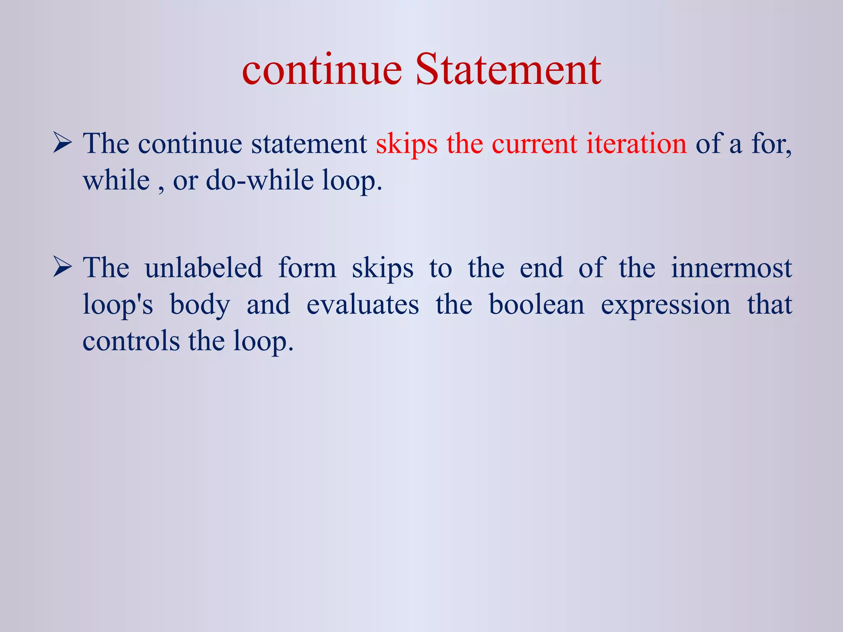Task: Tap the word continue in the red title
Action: pyautogui.click(x=321, y=70)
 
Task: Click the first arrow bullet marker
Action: pyautogui.click(x=63, y=144)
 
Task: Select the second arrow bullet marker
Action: pyautogui.click(x=63, y=269)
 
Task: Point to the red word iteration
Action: pyautogui.click(x=636, y=144)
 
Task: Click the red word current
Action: pyautogui.click(x=534, y=144)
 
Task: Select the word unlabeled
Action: pyautogui.click(x=203, y=268)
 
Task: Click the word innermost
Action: pyautogui.click(x=731, y=268)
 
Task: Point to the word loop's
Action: pyautogui.click(x=118, y=305)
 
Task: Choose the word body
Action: pyautogui.click(x=200, y=306)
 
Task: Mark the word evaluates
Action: pyautogui.click(x=363, y=305)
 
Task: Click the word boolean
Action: pyautogui.click(x=536, y=305)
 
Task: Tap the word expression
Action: pyautogui.click(x=666, y=306)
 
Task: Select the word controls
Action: pyautogui.click(x=131, y=341)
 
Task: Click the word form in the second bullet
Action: pyautogui.click(x=307, y=268)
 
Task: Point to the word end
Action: pyautogui.click(x=541, y=268)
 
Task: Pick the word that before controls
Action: pyautogui.click(x=769, y=305)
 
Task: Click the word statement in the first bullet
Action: pyautogui.click(x=309, y=144)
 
